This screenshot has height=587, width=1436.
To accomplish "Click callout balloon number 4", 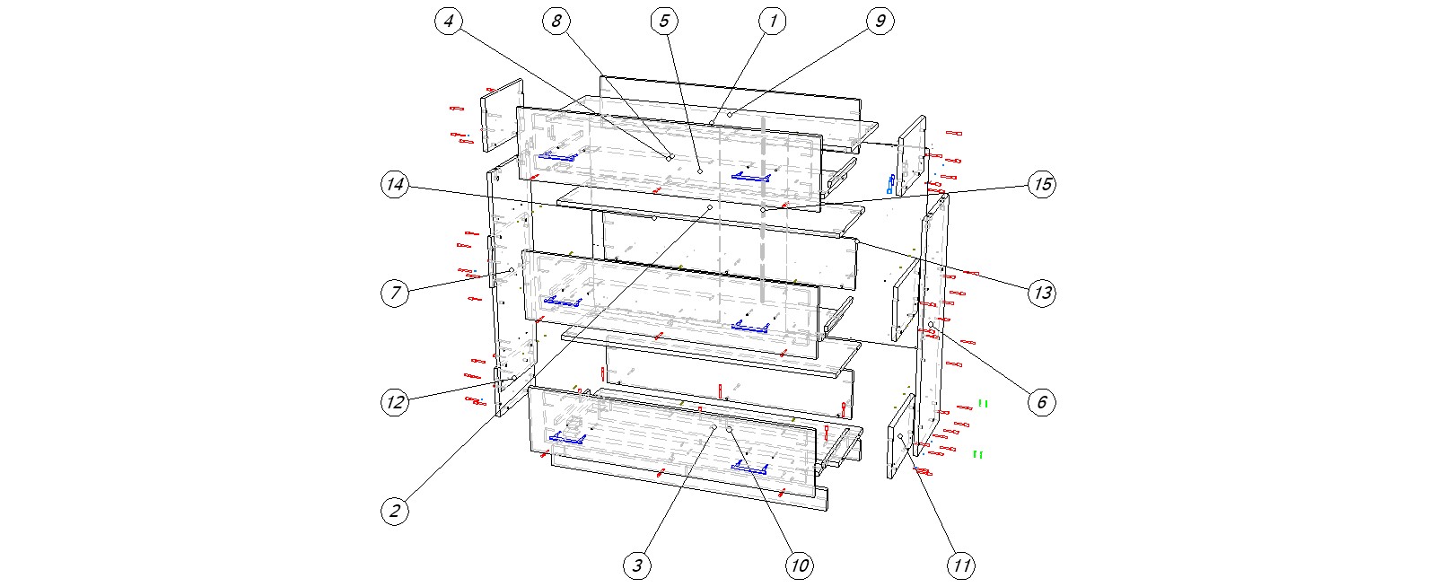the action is click(x=449, y=21).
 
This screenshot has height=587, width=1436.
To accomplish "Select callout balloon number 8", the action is click(x=556, y=21).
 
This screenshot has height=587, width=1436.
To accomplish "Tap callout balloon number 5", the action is click(x=664, y=21).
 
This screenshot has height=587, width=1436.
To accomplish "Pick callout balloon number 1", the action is click(x=772, y=21).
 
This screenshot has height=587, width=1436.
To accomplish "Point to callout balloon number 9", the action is click(x=880, y=21).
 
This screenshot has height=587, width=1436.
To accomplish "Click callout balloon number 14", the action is click(x=395, y=185).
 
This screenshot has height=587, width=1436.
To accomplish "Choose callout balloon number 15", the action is click(x=1041, y=185).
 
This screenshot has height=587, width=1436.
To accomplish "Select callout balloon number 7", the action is click(x=395, y=293).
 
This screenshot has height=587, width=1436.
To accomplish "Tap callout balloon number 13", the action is click(x=1041, y=293).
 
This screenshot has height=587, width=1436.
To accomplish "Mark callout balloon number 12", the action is click(x=395, y=402).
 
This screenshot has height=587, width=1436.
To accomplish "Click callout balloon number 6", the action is click(x=1041, y=402).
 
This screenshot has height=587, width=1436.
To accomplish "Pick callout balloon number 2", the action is click(x=395, y=512).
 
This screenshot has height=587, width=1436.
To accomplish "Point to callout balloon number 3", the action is click(x=637, y=565).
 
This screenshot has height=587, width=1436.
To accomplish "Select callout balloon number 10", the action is click(x=799, y=565).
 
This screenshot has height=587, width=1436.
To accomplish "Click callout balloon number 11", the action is click(x=960, y=565).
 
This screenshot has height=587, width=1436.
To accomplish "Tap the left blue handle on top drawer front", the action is click(x=556, y=157).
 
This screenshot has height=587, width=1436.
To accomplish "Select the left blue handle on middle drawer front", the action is click(x=563, y=301).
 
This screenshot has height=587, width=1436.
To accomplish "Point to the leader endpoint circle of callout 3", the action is click(x=714, y=429).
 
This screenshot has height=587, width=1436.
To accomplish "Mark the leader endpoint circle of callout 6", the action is click(x=932, y=324).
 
